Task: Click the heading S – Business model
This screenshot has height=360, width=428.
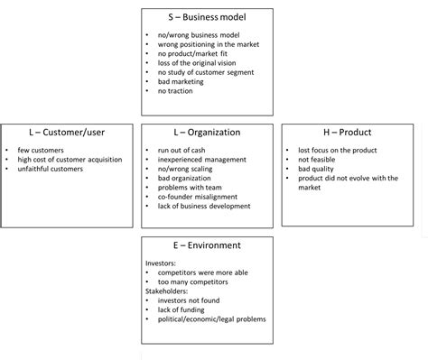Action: (x=207, y=17)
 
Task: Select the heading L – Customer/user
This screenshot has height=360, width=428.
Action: (x=60, y=132)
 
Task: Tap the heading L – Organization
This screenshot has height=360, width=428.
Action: (x=207, y=132)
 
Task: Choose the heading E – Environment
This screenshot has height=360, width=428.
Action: (x=207, y=245)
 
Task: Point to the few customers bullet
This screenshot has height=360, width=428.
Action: (x=40, y=150)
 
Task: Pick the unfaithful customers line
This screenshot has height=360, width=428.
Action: (x=50, y=169)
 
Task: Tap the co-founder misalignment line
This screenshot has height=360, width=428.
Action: (x=197, y=197)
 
